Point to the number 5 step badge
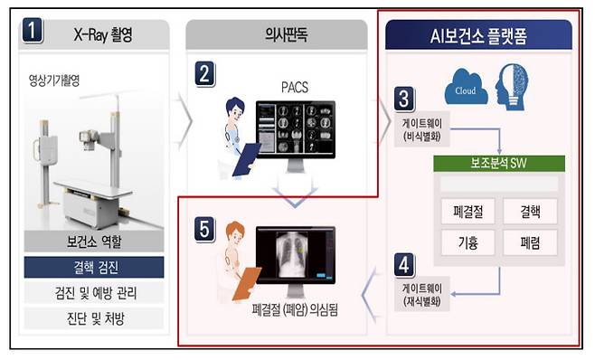coord(204,227)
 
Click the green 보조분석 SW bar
coord(498,165)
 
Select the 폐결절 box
coord(468,213)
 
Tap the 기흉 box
coord(468,242)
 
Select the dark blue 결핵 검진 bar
coord(94,268)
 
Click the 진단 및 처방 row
coord(94,318)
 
